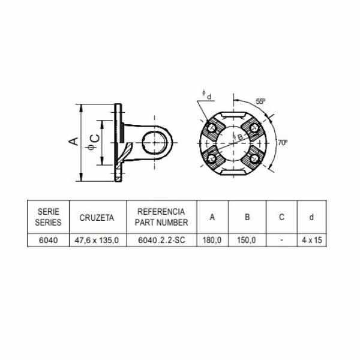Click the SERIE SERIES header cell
point(48,217)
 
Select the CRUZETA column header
point(97,218)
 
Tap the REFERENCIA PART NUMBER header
point(161,217)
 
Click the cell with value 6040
point(48,240)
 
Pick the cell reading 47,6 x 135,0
point(97,241)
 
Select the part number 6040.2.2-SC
point(161,240)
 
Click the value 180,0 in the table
point(212,240)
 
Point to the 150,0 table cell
point(247,240)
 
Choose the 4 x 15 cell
point(312,240)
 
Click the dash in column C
point(282,240)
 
